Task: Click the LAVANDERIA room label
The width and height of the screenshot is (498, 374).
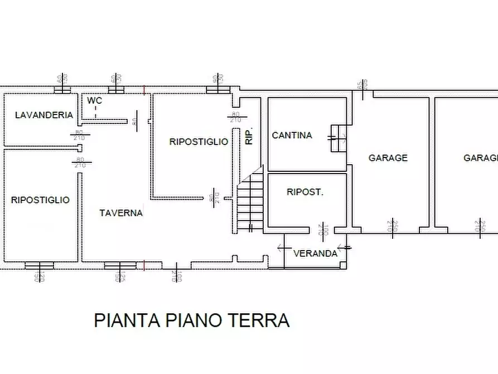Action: [x=44, y=115]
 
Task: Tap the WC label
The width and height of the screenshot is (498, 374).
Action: [x=94, y=100]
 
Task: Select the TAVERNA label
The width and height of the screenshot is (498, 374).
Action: [x=121, y=213]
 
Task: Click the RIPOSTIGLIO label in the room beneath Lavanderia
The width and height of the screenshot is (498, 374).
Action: [x=40, y=199]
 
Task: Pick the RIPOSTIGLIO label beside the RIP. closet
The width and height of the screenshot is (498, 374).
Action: [x=199, y=142]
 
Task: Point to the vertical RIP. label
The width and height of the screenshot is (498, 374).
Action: [x=249, y=136]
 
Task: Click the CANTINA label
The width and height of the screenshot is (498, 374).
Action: [x=292, y=135]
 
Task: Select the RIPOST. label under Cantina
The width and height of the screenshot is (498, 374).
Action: [x=304, y=191]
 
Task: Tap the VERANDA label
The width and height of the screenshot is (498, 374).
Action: [x=316, y=253]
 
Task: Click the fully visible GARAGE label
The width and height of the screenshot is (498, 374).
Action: [x=388, y=158]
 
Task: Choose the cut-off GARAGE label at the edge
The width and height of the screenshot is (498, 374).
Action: [x=480, y=158]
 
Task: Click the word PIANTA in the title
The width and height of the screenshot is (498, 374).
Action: [x=127, y=320]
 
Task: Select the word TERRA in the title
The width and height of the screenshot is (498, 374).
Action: [x=259, y=320]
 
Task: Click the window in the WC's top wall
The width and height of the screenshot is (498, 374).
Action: [x=115, y=89]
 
